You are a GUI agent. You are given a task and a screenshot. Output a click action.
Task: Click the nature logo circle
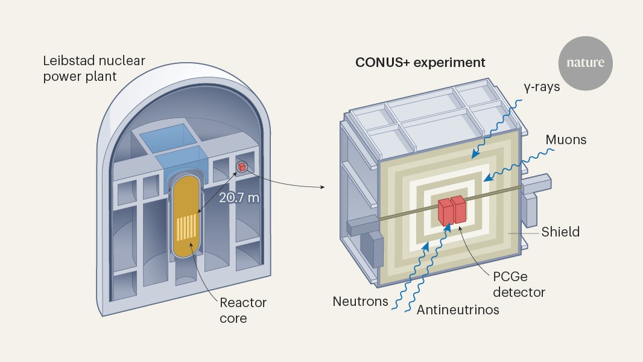coord(585,63)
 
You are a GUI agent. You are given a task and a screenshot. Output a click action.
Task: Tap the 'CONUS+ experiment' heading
coord(420,62)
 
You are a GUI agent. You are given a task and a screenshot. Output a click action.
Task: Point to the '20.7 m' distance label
coord(239,197)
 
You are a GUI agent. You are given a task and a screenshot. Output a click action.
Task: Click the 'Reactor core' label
coord(243,310)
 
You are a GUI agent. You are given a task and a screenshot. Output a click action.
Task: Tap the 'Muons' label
coord(566,140)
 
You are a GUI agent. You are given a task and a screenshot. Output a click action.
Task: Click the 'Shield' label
coord(560,232)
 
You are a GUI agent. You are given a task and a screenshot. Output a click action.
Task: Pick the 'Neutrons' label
coord(361,301)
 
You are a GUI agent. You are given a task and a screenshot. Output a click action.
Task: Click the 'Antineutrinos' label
coord(458,310)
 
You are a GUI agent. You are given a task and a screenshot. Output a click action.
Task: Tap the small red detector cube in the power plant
coord(241,167)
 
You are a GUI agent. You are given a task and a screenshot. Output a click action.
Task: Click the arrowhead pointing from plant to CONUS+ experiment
coord(322,186)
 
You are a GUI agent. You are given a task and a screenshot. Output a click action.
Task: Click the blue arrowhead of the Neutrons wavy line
coord(426,246)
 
